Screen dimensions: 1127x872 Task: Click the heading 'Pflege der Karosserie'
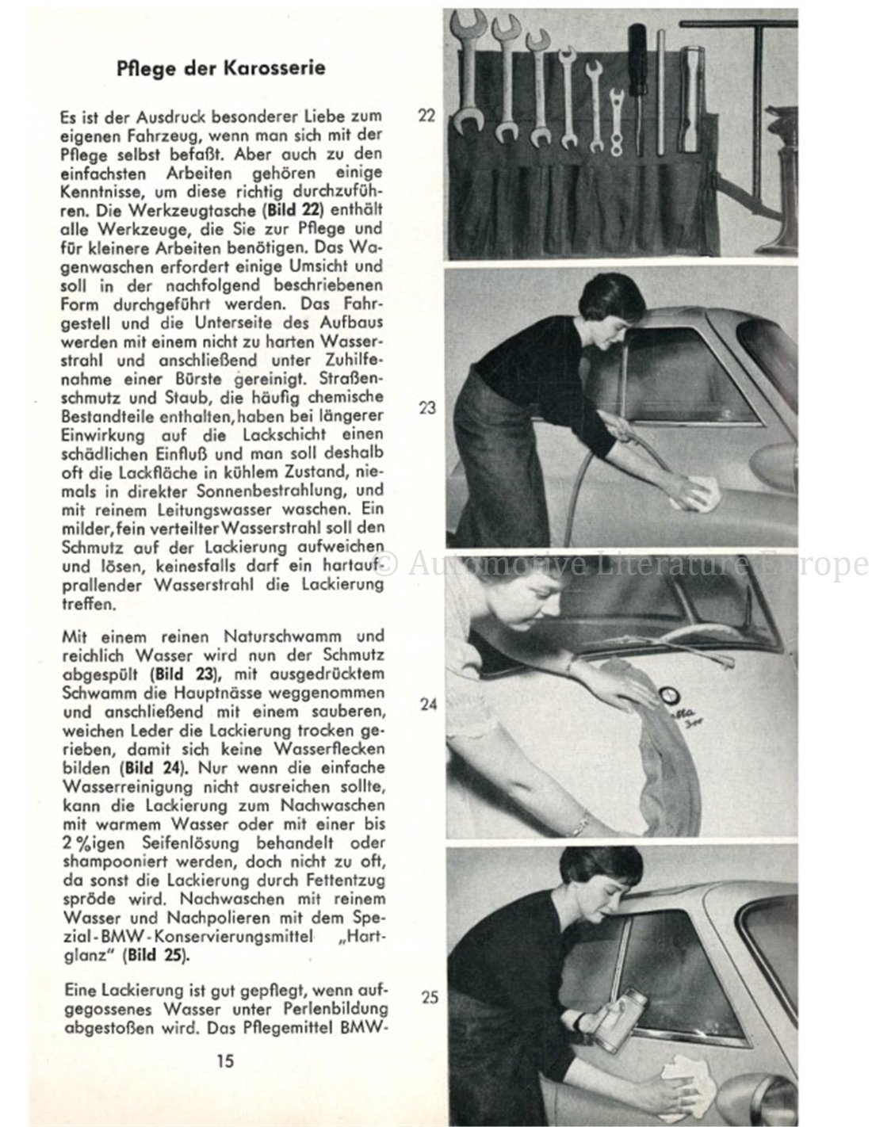[219, 67]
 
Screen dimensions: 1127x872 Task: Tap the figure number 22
[426, 116]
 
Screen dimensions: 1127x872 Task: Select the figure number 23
[428, 410]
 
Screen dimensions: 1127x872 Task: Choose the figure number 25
[430, 997]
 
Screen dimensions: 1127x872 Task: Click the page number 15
[224, 1060]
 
